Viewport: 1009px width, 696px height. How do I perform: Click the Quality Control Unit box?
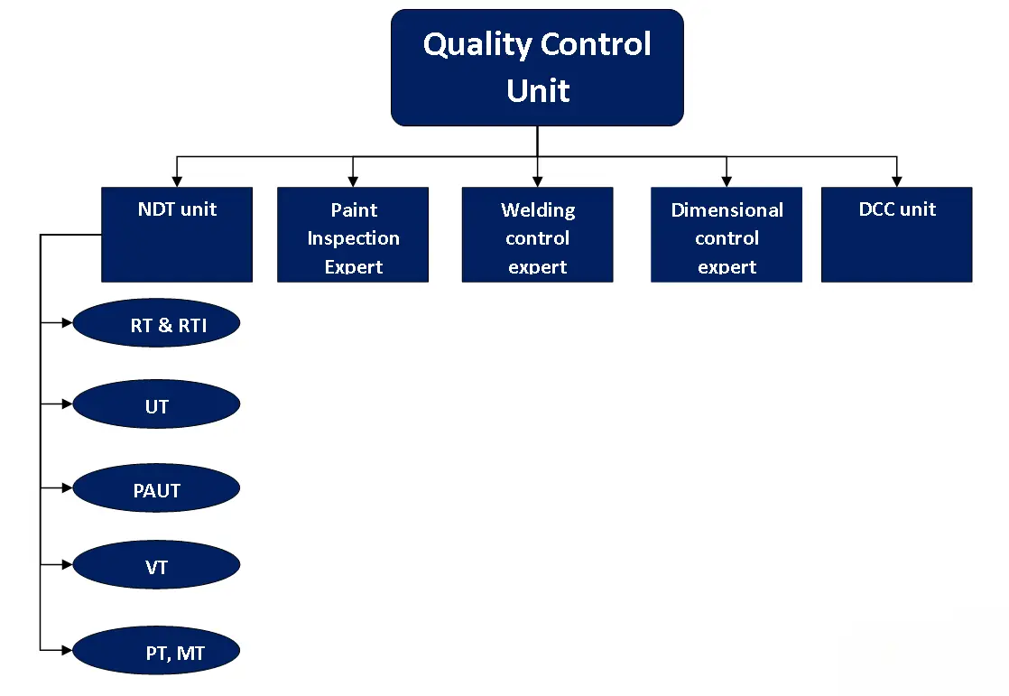[537, 68]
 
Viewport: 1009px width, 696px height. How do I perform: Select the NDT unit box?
[177, 235]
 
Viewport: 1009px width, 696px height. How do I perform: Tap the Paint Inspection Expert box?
[353, 235]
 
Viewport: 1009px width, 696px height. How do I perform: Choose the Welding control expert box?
[537, 235]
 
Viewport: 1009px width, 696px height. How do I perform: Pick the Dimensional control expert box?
[727, 235]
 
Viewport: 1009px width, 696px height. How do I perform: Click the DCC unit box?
[896, 235]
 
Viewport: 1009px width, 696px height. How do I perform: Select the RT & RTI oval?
[156, 322]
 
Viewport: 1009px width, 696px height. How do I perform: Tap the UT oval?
[156, 404]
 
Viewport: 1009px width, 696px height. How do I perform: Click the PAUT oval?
[156, 488]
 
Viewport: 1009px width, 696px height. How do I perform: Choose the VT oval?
[156, 565]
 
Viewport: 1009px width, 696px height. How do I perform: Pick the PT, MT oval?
[156, 650]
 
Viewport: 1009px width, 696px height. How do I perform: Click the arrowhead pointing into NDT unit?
[177, 181]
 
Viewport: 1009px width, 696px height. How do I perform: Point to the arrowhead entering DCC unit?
[896, 181]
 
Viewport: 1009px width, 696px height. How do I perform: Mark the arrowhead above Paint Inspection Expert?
[353, 181]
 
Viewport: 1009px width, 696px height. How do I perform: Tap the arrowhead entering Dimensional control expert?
[727, 181]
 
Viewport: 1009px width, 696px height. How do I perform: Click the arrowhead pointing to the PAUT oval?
[67, 488]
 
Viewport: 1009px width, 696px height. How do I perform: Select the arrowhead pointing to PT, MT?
[67, 650]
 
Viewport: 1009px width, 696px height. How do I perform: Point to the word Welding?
[538, 210]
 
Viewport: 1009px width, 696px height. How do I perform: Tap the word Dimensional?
[727, 210]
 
